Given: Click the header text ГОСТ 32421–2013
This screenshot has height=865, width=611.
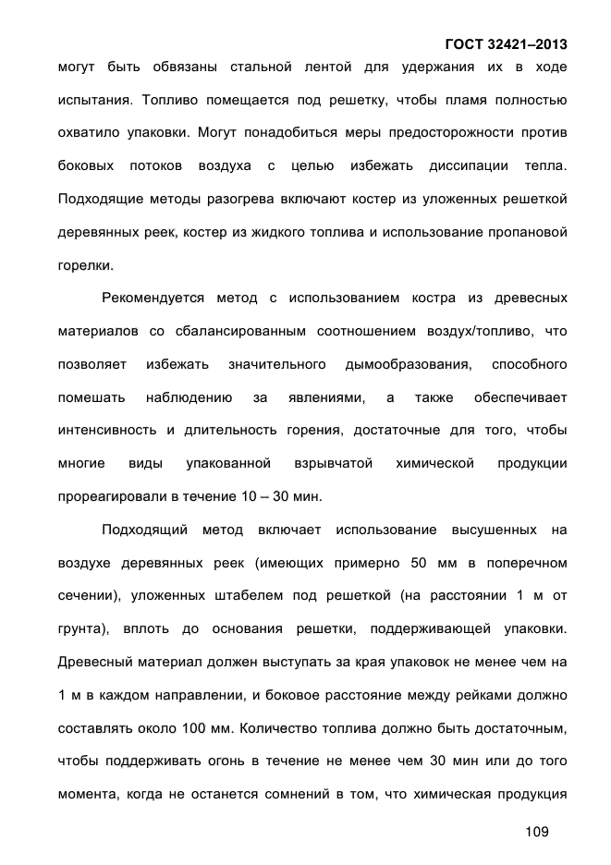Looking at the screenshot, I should (506, 44).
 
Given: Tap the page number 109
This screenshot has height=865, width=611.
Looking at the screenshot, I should (536, 832).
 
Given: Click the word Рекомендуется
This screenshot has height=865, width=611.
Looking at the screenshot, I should (153, 298).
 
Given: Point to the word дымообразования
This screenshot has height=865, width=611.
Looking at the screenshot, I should (407, 365).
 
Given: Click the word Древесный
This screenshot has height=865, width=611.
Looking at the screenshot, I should (93, 662).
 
